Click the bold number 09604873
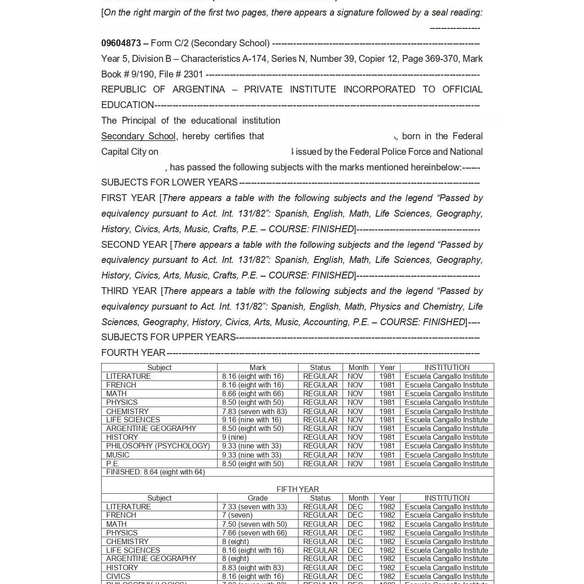[x=121, y=43]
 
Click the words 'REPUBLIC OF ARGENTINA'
[x=163, y=89]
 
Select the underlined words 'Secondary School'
[x=138, y=136]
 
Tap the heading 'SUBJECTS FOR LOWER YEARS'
[x=169, y=182]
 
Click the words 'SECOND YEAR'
[x=134, y=245]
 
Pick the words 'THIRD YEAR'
[x=129, y=291]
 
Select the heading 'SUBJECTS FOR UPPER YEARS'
[x=168, y=337]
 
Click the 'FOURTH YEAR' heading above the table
[x=133, y=353]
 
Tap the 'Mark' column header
[x=257, y=367]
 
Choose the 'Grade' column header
[x=257, y=498]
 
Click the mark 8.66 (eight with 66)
[x=252, y=393]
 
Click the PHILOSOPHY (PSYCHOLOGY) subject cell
[x=158, y=446]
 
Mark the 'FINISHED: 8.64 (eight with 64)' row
[x=155, y=472]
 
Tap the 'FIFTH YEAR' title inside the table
[x=297, y=489]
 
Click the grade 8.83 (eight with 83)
[x=252, y=568]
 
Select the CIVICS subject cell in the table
[x=118, y=576]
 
